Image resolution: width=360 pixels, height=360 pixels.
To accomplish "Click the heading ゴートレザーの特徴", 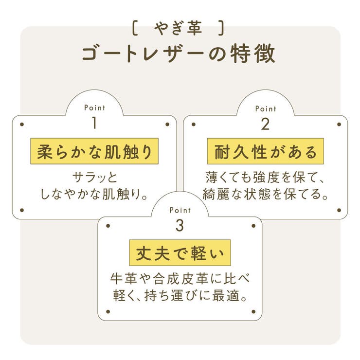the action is [x=179, y=53].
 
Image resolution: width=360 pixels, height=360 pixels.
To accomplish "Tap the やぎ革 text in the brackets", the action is [x=178, y=28].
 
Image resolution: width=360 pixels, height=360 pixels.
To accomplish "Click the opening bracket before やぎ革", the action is [x=135, y=28].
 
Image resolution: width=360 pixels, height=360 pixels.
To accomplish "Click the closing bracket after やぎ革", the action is [x=221, y=28].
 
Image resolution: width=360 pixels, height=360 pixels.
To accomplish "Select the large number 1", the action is [x=94, y=123].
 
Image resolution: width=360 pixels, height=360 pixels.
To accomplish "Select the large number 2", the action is [x=266, y=124].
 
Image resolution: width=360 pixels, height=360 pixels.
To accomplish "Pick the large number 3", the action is [x=180, y=225].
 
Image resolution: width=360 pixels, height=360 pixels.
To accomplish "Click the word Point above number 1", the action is [x=94, y=108].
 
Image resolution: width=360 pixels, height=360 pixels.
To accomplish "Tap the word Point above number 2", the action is [x=266, y=108].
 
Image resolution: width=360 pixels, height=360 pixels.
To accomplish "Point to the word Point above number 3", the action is [x=180, y=210].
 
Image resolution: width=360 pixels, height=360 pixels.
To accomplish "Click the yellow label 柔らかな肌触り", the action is [x=94, y=151].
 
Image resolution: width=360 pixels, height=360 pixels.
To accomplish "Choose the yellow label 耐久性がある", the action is [x=266, y=151].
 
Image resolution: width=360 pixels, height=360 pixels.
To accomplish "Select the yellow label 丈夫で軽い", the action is [x=180, y=253].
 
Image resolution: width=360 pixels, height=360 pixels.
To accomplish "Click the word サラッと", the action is [x=94, y=177].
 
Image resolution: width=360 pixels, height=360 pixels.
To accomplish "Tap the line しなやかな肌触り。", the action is [x=94, y=194].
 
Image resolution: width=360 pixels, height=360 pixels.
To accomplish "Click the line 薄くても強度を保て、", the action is [x=265, y=177].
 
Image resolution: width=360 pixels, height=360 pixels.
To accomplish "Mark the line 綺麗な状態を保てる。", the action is [x=265, y=194].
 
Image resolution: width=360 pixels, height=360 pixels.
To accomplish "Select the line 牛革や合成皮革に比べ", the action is [x=180, y=278].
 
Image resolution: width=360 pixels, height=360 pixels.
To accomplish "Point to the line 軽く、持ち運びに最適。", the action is [x=180, y=295].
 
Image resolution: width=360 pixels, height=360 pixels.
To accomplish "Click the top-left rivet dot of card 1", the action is [x=22, y=125].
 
